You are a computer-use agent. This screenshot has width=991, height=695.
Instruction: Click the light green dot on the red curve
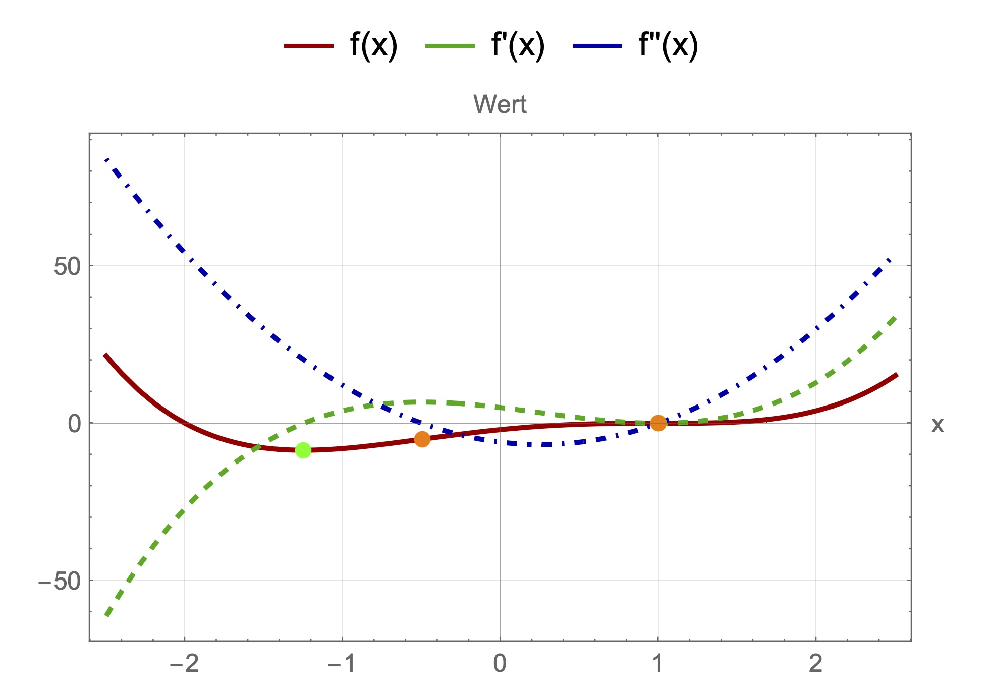(303, 450)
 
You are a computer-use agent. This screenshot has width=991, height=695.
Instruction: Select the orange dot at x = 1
(658, 423)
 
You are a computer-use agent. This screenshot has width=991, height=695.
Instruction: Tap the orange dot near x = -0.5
(422, 439)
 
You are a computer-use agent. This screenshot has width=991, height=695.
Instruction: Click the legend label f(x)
(373, 45)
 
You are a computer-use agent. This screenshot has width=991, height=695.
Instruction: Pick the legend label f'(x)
(518, 45)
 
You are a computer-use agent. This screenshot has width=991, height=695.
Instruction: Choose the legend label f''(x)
(668, 45)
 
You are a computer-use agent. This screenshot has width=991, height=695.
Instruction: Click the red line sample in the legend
(309, 46)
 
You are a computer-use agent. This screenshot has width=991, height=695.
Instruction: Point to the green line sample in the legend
(450, 46)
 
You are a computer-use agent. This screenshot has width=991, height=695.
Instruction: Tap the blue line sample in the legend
(597, 46)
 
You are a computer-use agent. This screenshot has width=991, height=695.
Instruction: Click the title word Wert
(500, 104)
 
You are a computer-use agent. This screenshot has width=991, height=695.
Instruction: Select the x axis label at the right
(937, 425)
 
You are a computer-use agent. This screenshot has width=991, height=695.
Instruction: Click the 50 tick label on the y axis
(67, 266)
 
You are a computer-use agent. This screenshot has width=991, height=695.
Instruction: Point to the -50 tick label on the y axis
(60, 581)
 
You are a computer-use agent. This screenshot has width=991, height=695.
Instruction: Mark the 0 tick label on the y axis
(74, 424)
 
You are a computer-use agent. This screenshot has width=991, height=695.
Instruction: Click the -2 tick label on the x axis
(184, 663)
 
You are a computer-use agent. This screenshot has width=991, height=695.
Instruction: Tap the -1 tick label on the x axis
(342, 663)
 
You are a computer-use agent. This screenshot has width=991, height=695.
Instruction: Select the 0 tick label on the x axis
(500, 663)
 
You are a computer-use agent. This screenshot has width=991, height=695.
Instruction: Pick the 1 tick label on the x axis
(657, 663)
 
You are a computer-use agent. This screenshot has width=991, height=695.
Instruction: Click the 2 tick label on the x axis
(815, 663)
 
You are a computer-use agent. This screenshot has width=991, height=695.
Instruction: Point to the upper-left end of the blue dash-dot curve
(106, 160)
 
